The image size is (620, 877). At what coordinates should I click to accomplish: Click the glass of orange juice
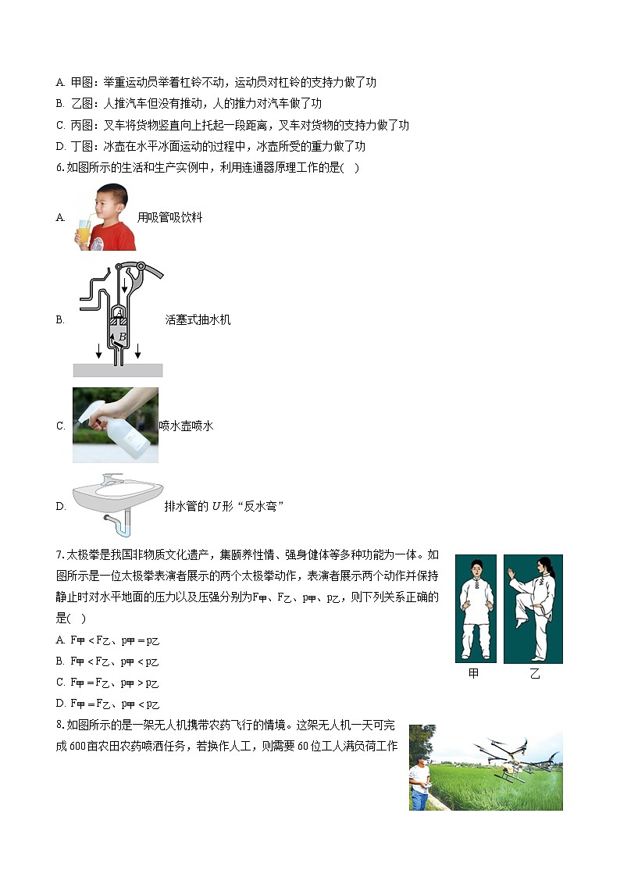(x=83, y=234)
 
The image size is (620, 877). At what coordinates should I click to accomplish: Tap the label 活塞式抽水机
(x=198, y=320)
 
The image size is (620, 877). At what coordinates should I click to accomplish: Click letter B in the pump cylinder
(x=123, y=337)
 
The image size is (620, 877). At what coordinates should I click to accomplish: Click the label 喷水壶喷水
(x=186, y=426)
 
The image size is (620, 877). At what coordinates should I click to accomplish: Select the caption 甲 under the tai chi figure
(x=473, y=674)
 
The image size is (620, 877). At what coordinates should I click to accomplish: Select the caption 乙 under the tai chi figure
(x=535, y=674)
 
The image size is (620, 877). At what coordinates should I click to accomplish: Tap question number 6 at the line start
(x=59, y=167)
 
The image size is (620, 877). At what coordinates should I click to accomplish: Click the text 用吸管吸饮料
(x=169, y=218)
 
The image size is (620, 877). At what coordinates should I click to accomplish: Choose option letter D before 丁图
(x=60, y=146)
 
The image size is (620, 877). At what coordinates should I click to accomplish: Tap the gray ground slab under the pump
(x=118, y=370)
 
